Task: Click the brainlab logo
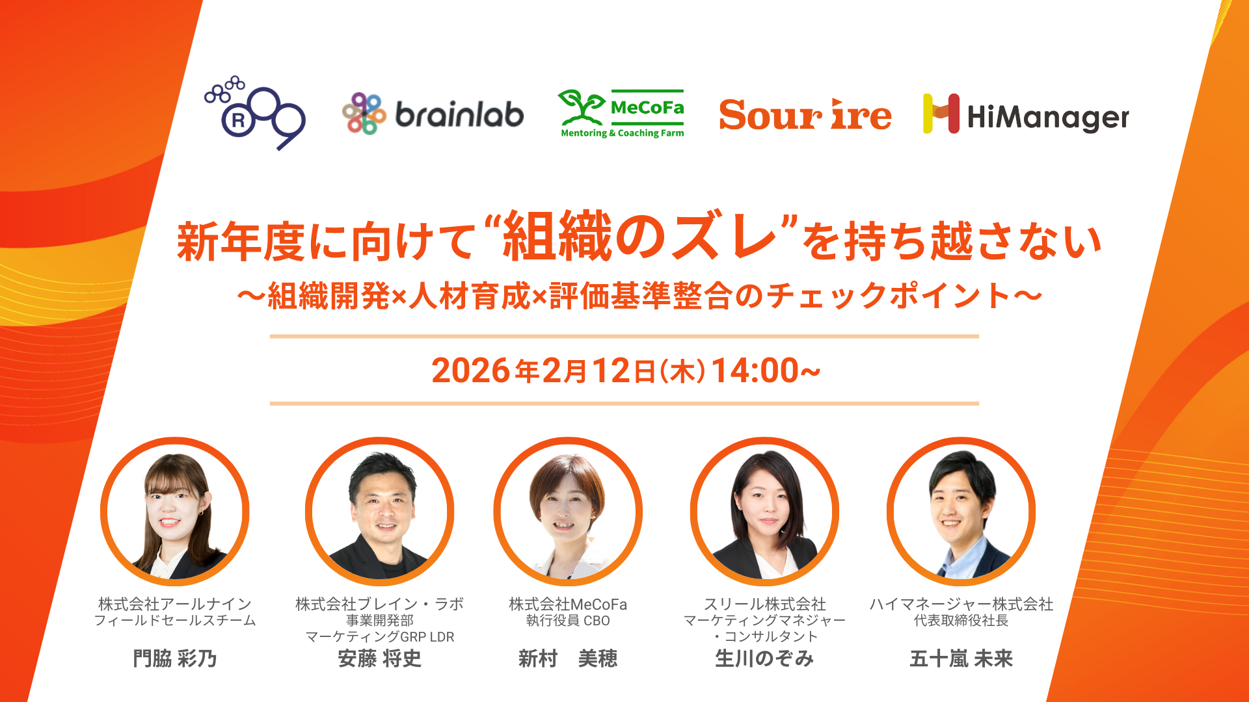pos(433,114)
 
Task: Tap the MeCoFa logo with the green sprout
pos(622,114)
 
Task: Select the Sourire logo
pos(805,116)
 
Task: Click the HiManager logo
pos(1026,116)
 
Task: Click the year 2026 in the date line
pos(471,370)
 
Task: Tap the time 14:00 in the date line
pos(755,370)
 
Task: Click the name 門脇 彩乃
pos(174,658)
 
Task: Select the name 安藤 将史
pos(379,658)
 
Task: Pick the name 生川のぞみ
pos(764,658)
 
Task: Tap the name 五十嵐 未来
pos(961,658)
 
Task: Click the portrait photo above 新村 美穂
pos(568,512)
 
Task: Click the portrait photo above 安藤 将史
pos(379,512)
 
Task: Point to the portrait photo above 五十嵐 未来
pos(961,512)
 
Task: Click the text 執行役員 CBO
pos(568,621)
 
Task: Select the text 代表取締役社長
pos(961,621)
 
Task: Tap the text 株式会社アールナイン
pos(174,604)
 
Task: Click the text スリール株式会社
pos(764,604)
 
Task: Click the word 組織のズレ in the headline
pos(641,238)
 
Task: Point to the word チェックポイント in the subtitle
pos(887,296)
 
